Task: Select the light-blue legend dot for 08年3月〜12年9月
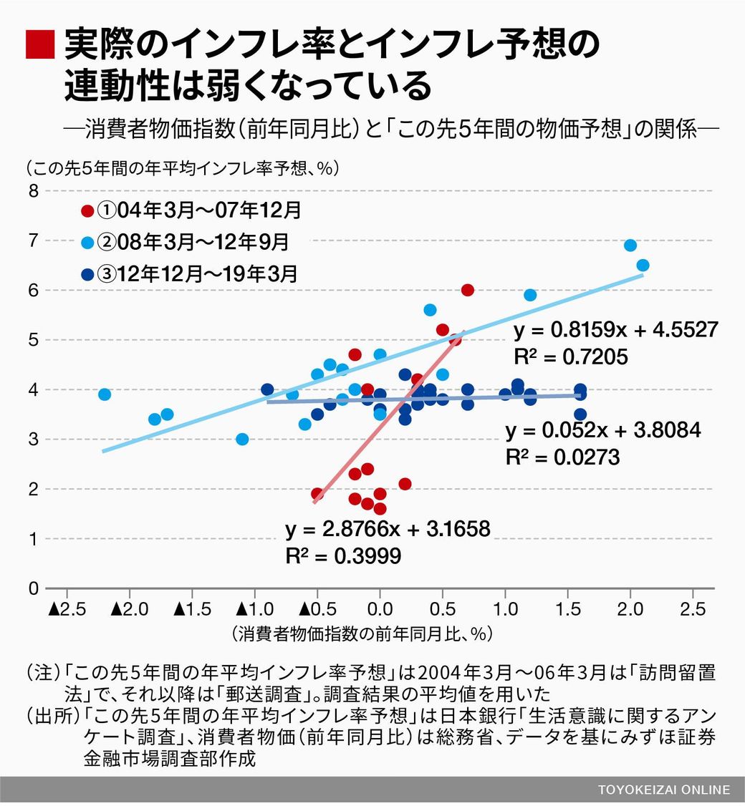(87, 243)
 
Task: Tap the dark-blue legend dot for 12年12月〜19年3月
(87, 273)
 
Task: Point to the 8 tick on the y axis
(33, 191)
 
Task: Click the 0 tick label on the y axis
(33, 588)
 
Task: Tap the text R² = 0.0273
(562, 457)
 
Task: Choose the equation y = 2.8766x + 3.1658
(388, 530)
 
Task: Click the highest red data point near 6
(468, 290)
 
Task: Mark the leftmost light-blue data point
(105, 394)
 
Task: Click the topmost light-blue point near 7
(630, 246)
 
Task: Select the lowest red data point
(380, 509)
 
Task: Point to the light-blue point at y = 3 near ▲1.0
(242, 439)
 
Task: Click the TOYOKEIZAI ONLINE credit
(664, 790)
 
